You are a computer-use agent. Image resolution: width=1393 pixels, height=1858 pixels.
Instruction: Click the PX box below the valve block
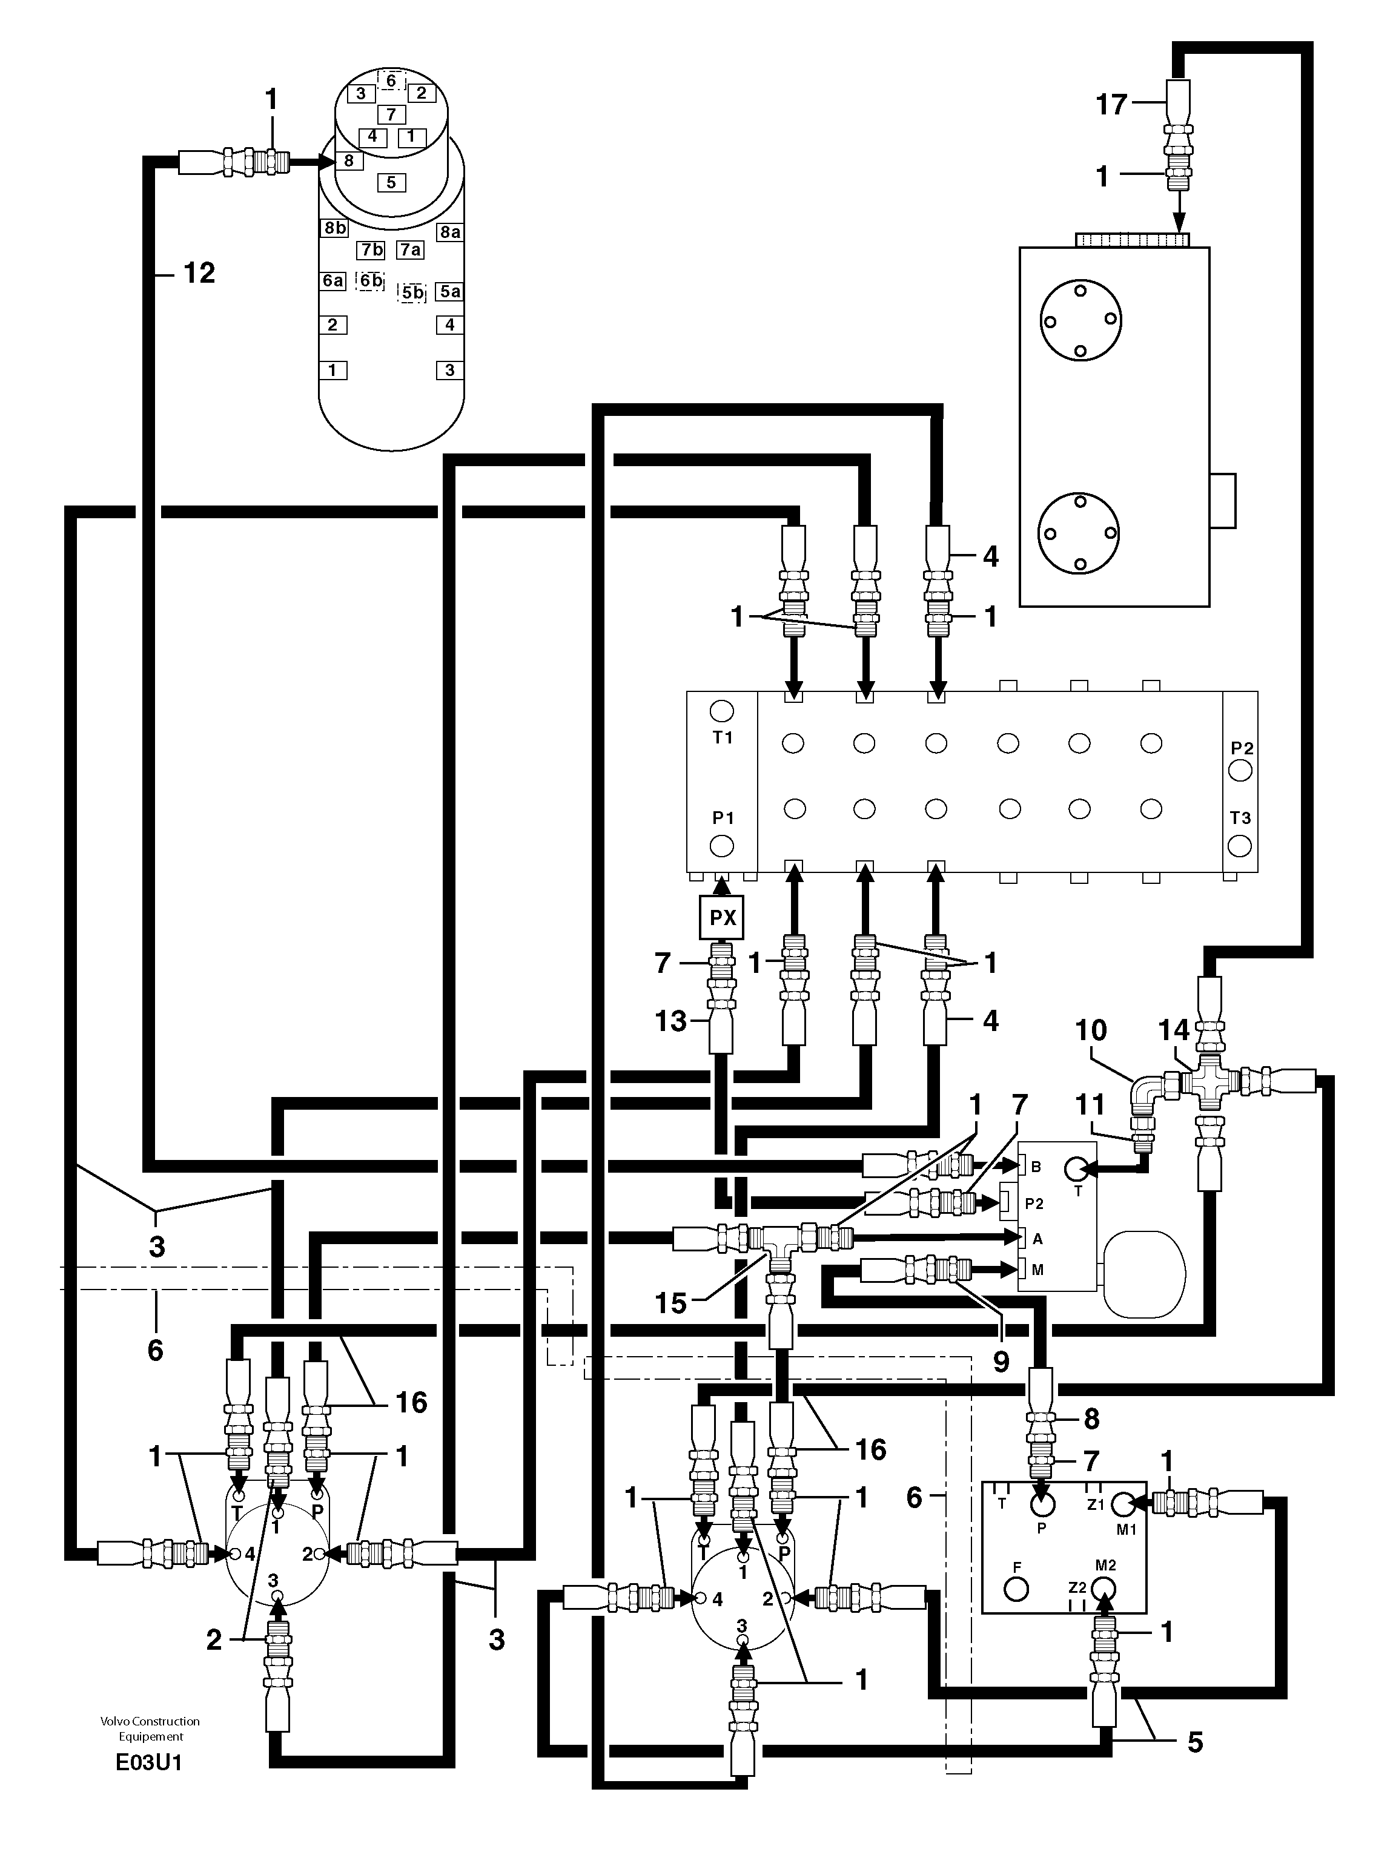(x=723, y=917)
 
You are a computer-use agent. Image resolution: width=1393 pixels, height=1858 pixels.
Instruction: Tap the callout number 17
(x=1111, y=105)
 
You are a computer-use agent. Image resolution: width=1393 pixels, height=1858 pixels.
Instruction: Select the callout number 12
(x=199, y=273)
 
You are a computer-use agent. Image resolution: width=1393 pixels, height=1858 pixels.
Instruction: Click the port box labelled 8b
(x=334, y=228)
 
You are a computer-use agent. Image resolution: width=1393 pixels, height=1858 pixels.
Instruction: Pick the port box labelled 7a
(x=410, y=249)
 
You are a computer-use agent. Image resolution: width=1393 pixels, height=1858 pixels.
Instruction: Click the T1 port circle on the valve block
(x=721, y=711)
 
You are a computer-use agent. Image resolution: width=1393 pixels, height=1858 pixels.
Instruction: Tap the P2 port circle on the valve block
(x=1240, y=770)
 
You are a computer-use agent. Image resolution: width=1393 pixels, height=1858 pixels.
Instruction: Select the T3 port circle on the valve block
(x=1240, y=843)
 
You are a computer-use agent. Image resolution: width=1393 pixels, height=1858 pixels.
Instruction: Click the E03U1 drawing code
(x=149, y=1762)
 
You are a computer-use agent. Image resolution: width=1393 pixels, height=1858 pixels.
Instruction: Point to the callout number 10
(x=1091, y=1030)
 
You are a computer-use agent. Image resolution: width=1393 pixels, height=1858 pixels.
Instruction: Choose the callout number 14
(x=1174, y=1030)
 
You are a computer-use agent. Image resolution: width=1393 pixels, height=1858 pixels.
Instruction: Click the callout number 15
(x=671, y=1303)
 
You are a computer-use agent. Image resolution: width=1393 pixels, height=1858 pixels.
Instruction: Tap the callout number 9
(x=1001, y=1362)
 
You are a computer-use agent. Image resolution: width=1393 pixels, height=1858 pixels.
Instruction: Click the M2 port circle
(x=1105, y=1589)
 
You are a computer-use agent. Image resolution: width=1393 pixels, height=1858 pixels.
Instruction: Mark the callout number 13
(x=670, y=1021)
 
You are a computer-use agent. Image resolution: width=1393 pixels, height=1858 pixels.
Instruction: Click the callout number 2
(x=214, y=1639)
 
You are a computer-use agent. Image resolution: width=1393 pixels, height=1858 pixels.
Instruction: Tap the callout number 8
(x=1091, y=1418)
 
